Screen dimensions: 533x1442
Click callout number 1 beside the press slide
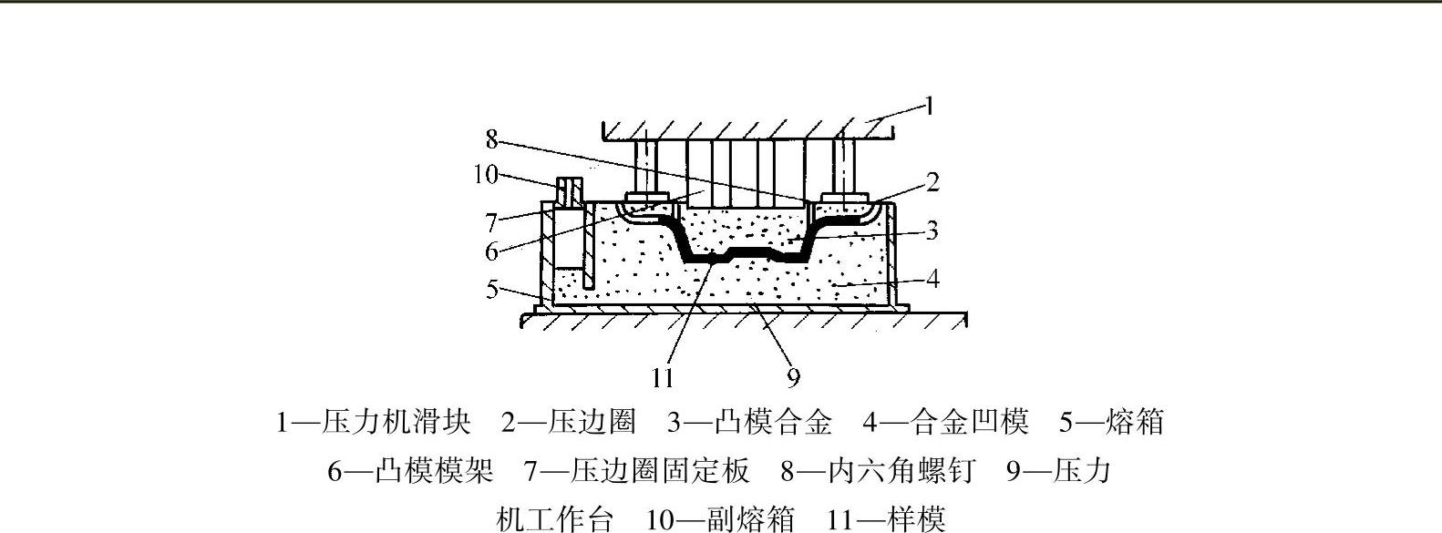(x=929, y=107)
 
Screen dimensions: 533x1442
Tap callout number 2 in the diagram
(x=932, y=182)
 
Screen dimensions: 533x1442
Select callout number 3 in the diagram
(x=932, y=231)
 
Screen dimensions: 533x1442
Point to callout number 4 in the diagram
(x=932, y=279)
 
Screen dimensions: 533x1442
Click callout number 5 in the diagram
(x=492, y=290)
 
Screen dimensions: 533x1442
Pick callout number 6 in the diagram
(x=492, y=251)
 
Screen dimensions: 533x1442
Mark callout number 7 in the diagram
(x=492, y=221)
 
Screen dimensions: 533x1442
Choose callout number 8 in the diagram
(x=492, y=139)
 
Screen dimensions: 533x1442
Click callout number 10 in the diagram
(x=487, y=174)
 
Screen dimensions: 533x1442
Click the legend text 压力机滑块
(x=423, y=422)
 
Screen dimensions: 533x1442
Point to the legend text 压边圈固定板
(x=661, y=471)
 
